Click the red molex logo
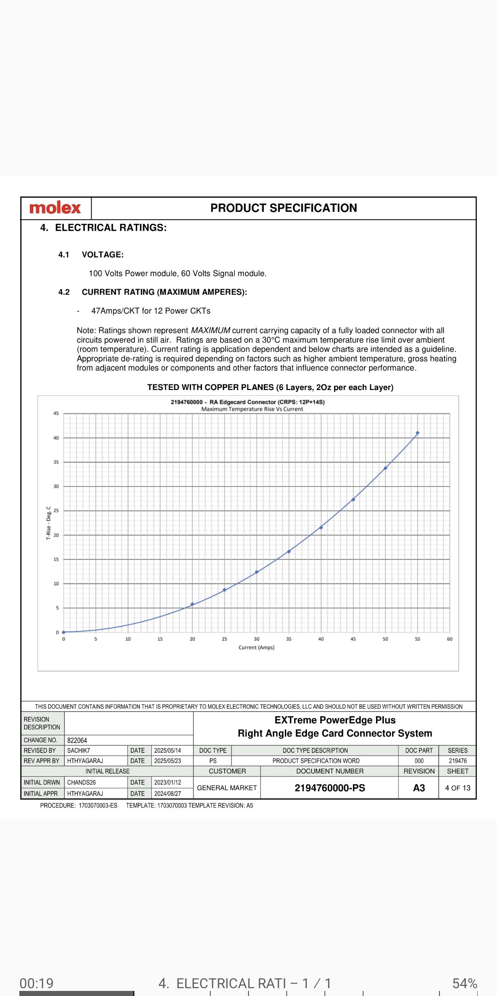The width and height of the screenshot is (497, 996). click(x=55, y=208)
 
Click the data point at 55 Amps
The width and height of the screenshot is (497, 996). click(x=417, y=433)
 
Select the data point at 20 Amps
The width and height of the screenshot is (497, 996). click(x=192, y=604)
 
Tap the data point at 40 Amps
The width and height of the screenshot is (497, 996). click(x=321, y=527)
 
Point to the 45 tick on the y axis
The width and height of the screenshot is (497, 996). click(x=56, y=414)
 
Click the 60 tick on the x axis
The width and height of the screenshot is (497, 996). click(x=450, y=639)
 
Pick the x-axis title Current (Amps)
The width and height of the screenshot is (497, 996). click(x=256, y=647)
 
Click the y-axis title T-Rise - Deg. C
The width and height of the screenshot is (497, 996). click(x=49, y=523)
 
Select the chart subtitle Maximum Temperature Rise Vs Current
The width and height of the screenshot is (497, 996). click(x=252, y=409)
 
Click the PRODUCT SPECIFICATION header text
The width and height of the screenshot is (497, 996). click(x=283, y=208)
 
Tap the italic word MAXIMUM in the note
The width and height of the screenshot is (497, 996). click(x=210, y=331)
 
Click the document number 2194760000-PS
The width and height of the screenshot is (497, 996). click(x=329, y=788)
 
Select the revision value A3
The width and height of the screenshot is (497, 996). click(x=419, y=788)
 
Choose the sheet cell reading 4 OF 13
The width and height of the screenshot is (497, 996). click(x=457, y=788)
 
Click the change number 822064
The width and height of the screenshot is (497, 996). click(x=77, y=740)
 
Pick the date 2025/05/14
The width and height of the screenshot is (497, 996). click(x=168, y=751)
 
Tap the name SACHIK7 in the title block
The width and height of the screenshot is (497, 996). click(x=79, y=751)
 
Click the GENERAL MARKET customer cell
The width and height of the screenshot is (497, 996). click(x=227, y=788)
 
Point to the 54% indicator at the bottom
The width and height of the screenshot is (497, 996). click(x=465, y=983)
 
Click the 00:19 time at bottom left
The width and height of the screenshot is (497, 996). click(x=36, y=983)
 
